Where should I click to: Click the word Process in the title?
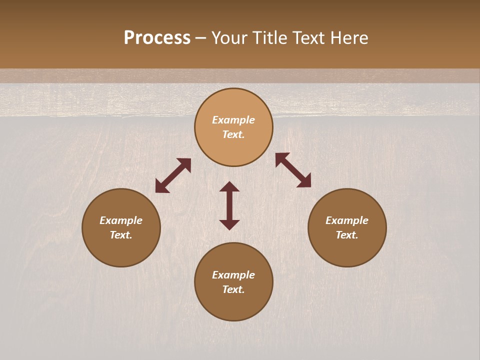157,38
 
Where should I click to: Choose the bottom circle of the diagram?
233,305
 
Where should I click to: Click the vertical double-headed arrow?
229,205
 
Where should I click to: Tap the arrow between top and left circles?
173,175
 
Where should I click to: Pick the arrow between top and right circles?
293,170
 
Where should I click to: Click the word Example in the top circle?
233,120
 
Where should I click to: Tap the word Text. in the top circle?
233,134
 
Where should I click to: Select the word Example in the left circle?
121,220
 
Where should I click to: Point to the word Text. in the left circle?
121,235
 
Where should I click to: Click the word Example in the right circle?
347,220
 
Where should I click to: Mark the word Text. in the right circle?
347,235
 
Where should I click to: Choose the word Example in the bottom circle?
233,275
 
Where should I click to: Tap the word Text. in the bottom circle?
233,289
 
